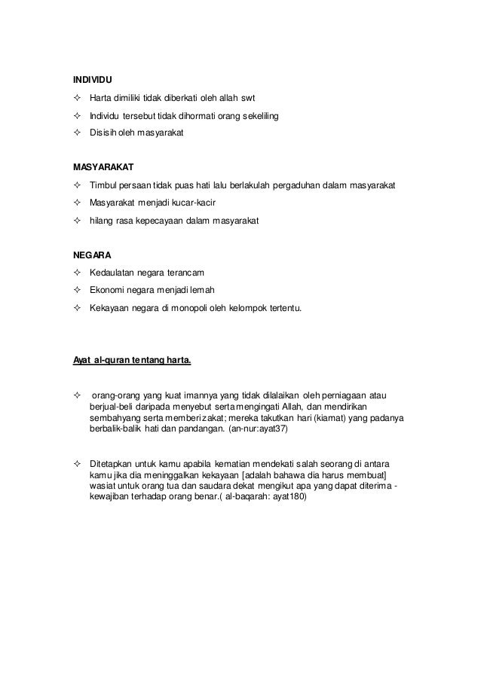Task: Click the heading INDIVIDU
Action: point(90,78)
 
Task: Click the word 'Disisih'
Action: point(103,133)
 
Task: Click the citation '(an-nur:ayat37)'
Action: point(259,428)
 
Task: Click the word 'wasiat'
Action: point(103,486)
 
